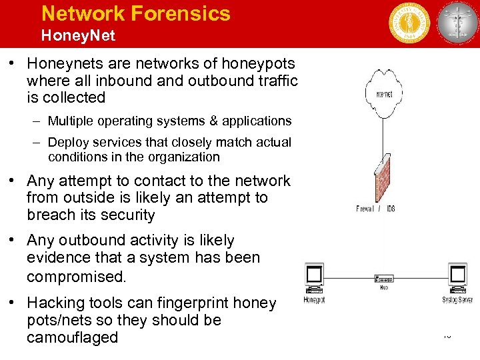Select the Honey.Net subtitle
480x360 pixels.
(78, 35)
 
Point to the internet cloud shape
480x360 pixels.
(383, 95)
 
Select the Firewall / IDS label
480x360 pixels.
(375, 209)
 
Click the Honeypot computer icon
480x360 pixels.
(314, 277)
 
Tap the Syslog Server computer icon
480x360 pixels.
(458, 277)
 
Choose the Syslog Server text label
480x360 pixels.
(457, 300)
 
